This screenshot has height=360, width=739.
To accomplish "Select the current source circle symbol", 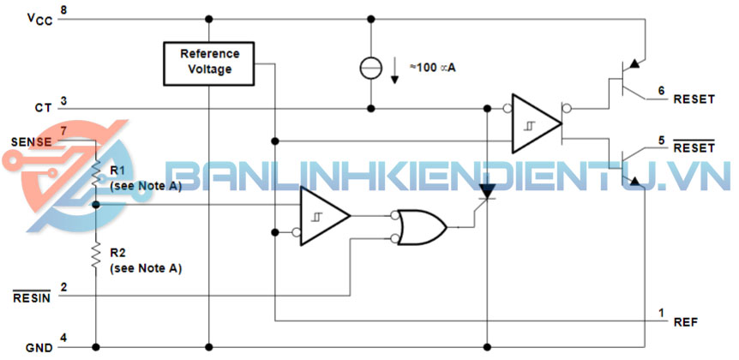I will [x=371, y=68].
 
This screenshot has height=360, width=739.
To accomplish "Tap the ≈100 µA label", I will [x=432, y=68].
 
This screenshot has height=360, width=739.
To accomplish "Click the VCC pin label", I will [x=39, y=18].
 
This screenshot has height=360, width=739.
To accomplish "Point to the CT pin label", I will [x=43, y=108].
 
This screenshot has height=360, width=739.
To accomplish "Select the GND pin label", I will [x=39, y=347].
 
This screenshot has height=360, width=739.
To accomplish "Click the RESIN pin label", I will [x=31, y=297].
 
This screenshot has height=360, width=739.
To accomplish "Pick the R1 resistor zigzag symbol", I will [x=96, y=174].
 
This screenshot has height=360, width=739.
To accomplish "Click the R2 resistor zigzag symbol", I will [x=96, y=254].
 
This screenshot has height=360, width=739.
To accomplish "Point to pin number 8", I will [x=64, y=10].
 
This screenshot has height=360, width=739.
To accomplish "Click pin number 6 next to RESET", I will [x=661, y=89].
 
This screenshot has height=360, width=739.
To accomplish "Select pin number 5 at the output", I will [x=661, y=140].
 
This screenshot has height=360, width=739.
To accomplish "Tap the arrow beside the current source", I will [x=395, y=69].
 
